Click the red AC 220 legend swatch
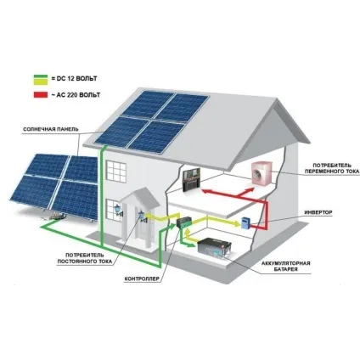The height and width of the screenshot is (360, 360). (41, 94)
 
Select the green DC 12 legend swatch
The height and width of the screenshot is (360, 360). (41, 76)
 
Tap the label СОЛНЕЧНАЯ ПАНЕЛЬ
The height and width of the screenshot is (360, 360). (51, 129)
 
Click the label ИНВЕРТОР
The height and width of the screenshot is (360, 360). (318, 212)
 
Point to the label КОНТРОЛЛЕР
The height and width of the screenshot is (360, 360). (142, 279)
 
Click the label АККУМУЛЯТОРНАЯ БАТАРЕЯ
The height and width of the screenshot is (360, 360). (286, 267)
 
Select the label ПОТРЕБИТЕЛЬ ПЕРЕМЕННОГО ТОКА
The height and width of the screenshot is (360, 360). (336, 168)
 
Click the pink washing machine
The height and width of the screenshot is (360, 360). (262, 173)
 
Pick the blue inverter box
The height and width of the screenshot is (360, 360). (245, 222)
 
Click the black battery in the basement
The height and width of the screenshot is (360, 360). (215, 248)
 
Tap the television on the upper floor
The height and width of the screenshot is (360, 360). (192, 180)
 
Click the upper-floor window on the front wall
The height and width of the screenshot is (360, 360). (115, 172)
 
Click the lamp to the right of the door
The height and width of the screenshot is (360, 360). (142, 216)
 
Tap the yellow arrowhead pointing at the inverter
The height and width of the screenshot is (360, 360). (237, 223)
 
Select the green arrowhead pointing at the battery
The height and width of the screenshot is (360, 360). (193, 245)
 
